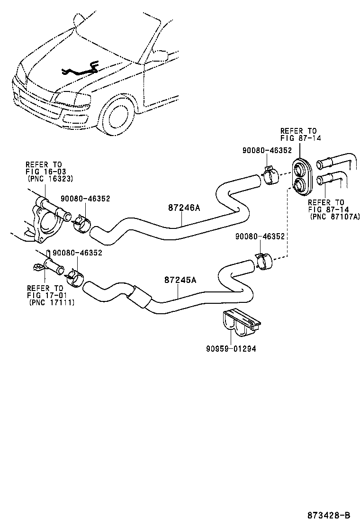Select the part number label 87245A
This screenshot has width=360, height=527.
click(x=180, y=280)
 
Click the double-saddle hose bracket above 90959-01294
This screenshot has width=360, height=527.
click(x=240, y=324)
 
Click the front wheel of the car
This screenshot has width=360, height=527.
click(x=117, y=117)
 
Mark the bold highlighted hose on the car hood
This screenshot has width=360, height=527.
click(x=81, y=71)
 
